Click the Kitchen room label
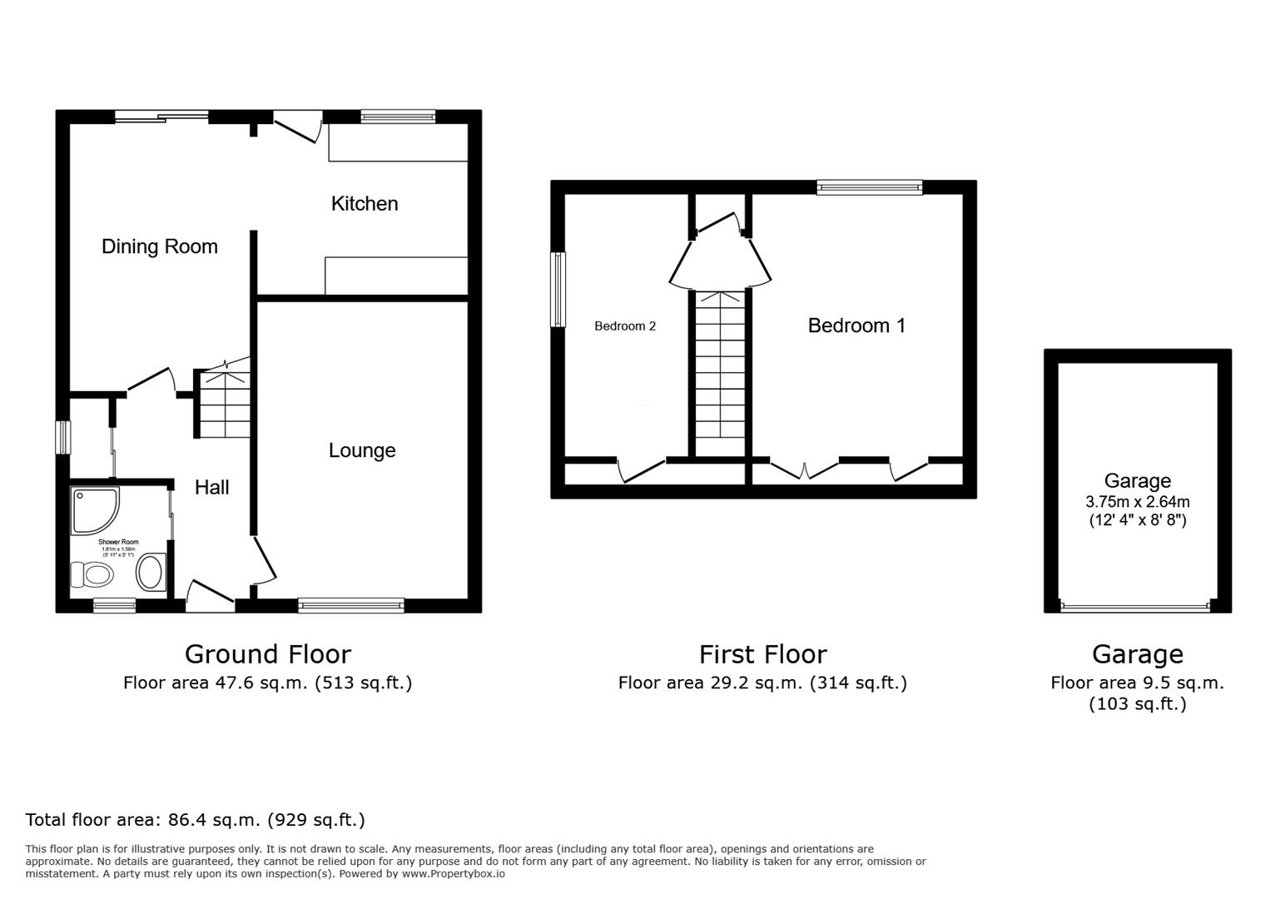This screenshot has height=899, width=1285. [x=365, y=204]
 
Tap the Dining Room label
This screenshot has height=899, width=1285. [x=159, y=246]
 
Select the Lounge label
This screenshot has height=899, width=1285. [x=362, y=450]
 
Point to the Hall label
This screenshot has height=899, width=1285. [x=211, y=488]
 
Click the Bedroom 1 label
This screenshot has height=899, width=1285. [x=856, y=325]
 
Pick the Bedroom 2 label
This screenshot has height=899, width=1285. [x=624, y=326]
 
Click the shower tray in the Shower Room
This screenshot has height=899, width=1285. [x=94, y=509]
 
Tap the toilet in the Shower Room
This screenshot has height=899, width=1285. [x=92, y=574]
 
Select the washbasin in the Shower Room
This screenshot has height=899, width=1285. [x=151, y=573]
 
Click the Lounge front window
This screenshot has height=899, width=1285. [x=351, y=605]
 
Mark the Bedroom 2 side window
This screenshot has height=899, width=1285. [x=558, y=289]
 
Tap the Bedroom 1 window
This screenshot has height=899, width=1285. [x=870, y=187]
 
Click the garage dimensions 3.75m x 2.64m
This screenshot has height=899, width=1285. [x=1137, y=502]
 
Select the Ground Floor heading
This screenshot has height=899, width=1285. [x=267, y=654]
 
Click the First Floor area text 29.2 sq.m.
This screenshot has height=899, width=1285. [x=762, y=683]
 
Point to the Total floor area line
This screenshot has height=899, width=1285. [x=196, y=820]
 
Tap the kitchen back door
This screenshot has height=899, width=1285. [x=297, y=127]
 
